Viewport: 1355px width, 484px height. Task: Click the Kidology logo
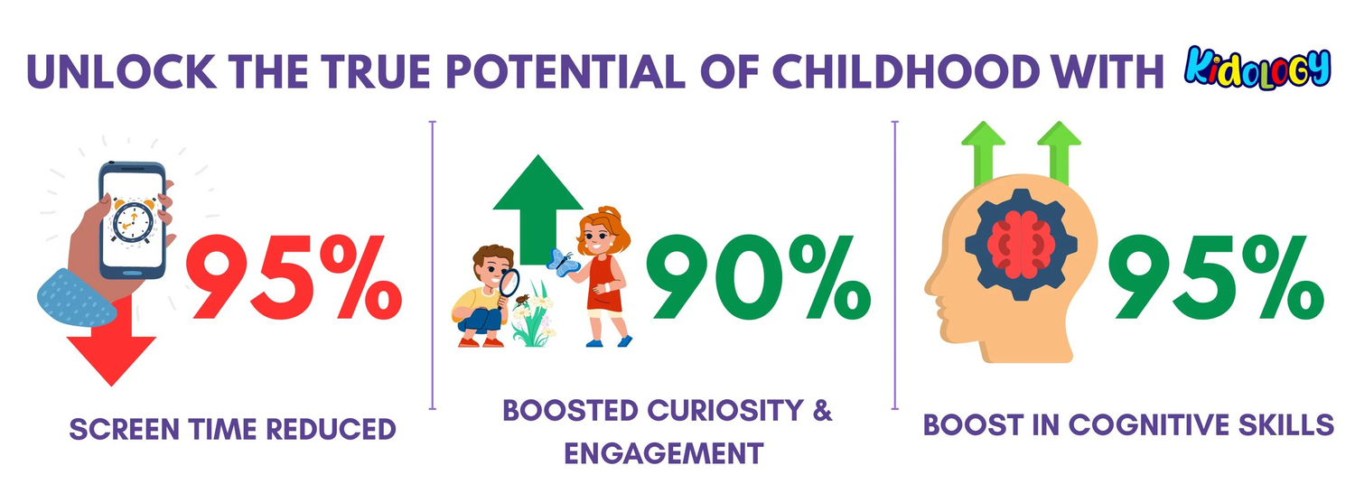click(x=1257, y=68)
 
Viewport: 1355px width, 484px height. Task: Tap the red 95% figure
click(x=294, y=277)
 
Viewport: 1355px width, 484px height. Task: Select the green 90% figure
click(x=758, y=277)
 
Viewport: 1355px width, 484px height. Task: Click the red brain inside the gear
click(x=1021, y=245)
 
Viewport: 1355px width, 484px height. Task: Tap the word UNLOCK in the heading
click(x=122, y=71)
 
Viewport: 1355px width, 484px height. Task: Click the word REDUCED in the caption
click(x=331, y=429)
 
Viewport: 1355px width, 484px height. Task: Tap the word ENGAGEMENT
click(x=664, y=453)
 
